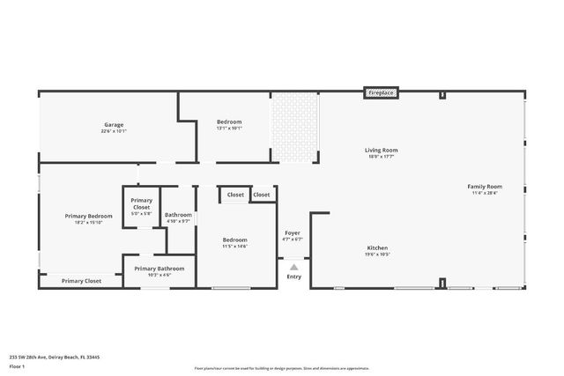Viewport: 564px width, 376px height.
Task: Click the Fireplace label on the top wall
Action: point(381,92)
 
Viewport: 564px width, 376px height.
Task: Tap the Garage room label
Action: point(114,125)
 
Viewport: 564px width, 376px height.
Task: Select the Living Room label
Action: point(382,151)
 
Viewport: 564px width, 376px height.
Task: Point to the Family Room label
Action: point(485,187)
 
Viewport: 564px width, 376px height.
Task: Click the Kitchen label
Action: point(377,248)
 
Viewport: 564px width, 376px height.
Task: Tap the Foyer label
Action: point(293,233)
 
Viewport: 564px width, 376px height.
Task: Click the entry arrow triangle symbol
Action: point(293,267)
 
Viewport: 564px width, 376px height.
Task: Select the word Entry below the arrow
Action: point(293,276)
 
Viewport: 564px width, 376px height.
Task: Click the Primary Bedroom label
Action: point(88,216)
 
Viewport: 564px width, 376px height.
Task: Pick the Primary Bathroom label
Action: point(160,268)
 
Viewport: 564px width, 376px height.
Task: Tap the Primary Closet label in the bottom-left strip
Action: point(81,281)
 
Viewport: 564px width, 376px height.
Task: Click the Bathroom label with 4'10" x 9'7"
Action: point(178,215)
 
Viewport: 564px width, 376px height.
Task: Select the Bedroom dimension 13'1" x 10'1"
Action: point(229,129)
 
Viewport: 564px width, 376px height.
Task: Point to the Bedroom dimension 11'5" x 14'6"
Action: point(234,246)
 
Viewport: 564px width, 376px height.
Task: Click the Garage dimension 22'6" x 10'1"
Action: point(114,131)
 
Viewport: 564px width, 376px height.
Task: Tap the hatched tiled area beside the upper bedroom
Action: point(294,127)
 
